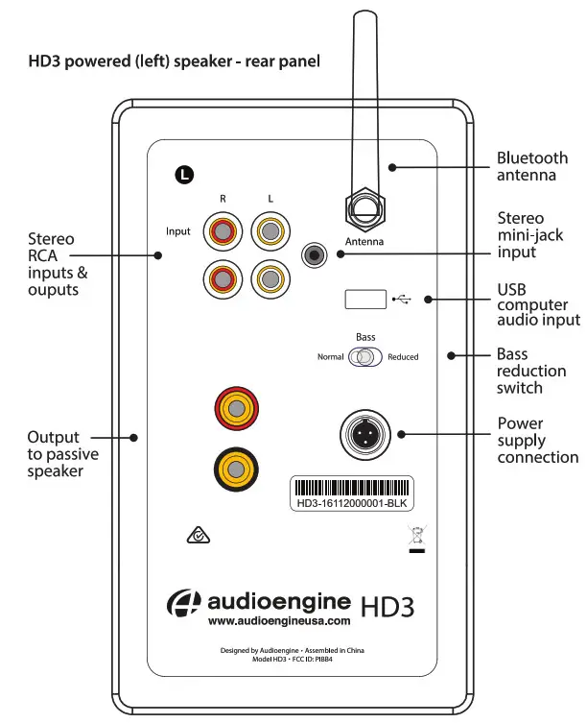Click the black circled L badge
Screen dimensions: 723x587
(x=184, y=174)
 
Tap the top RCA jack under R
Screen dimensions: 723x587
(x=222, y=230)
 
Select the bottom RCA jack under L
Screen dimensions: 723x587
(x=269, y=278)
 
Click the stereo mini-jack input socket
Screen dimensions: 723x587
(x=314, y=254)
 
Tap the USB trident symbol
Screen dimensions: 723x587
(x=402, y=300)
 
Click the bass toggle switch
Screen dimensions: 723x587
(x=365, y=357)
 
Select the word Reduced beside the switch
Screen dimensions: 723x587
(x=403, y=357)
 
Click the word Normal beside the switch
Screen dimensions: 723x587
(x=330, y=357)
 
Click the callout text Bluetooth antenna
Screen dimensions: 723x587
(x=531, y=166)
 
